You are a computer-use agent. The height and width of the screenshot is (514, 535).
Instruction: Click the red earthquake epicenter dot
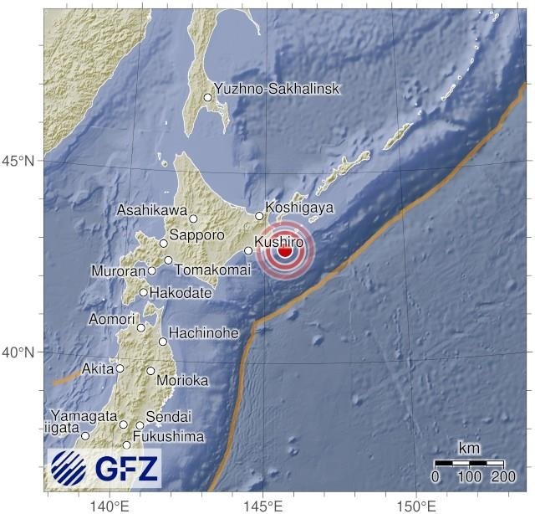click(x=285, y=250)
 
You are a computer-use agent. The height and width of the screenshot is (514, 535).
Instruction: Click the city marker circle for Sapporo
click(x=164, y=243)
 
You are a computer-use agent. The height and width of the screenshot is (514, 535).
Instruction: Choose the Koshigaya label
click(x=299, y=207)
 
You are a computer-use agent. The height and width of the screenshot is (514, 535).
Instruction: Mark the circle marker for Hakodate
click(x=144, y=292)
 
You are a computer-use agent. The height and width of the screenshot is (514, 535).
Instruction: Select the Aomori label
click(x=111, y=319)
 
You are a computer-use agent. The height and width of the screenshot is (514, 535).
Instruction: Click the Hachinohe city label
click(x=204, y=333)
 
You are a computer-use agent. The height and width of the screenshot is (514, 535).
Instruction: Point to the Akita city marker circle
click(x=120, y=368)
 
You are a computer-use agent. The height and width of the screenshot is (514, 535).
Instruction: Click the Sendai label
click(x=169, y=416)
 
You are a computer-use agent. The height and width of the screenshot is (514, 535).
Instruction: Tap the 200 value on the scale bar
click(x=503, y=476)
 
